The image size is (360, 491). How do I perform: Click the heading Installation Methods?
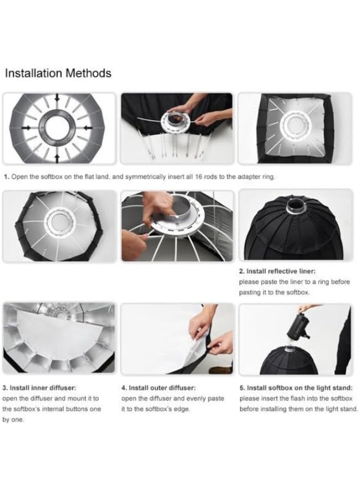(x=58, y=73)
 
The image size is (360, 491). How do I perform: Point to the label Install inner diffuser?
(x=46, y=388)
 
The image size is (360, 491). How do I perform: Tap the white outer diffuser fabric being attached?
(x=180, y=349)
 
